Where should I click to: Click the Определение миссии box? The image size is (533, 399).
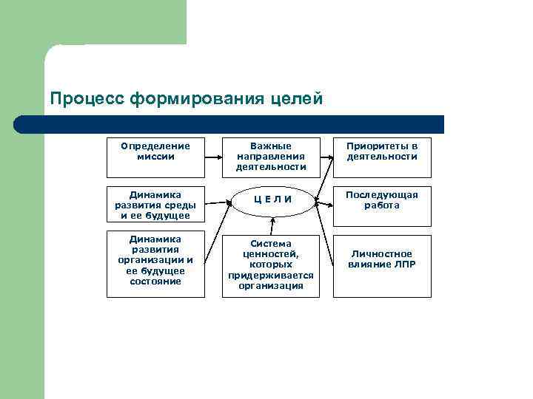click(x=155, y=157)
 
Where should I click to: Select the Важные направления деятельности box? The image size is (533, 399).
click(x=271, y=157)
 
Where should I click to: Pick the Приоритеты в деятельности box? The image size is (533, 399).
click(x=382, y=157)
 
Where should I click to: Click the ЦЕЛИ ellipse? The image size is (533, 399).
click(x=272, y=199)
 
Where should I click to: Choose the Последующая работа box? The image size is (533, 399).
click(x=382, y=205)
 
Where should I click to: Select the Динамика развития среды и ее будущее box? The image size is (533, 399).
click(x=155, y=205)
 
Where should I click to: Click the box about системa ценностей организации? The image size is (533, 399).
click(x=271, y=265)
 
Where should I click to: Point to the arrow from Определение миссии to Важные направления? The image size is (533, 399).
click(x=212, y=157)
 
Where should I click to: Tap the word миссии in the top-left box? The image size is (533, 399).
click(x=155, y=157)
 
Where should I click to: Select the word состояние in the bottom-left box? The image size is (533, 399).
click(x=155, y=281)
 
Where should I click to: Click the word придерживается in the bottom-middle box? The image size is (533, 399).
click(x=271, y=275)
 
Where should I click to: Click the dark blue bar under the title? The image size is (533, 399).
click(x=237, y=124)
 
